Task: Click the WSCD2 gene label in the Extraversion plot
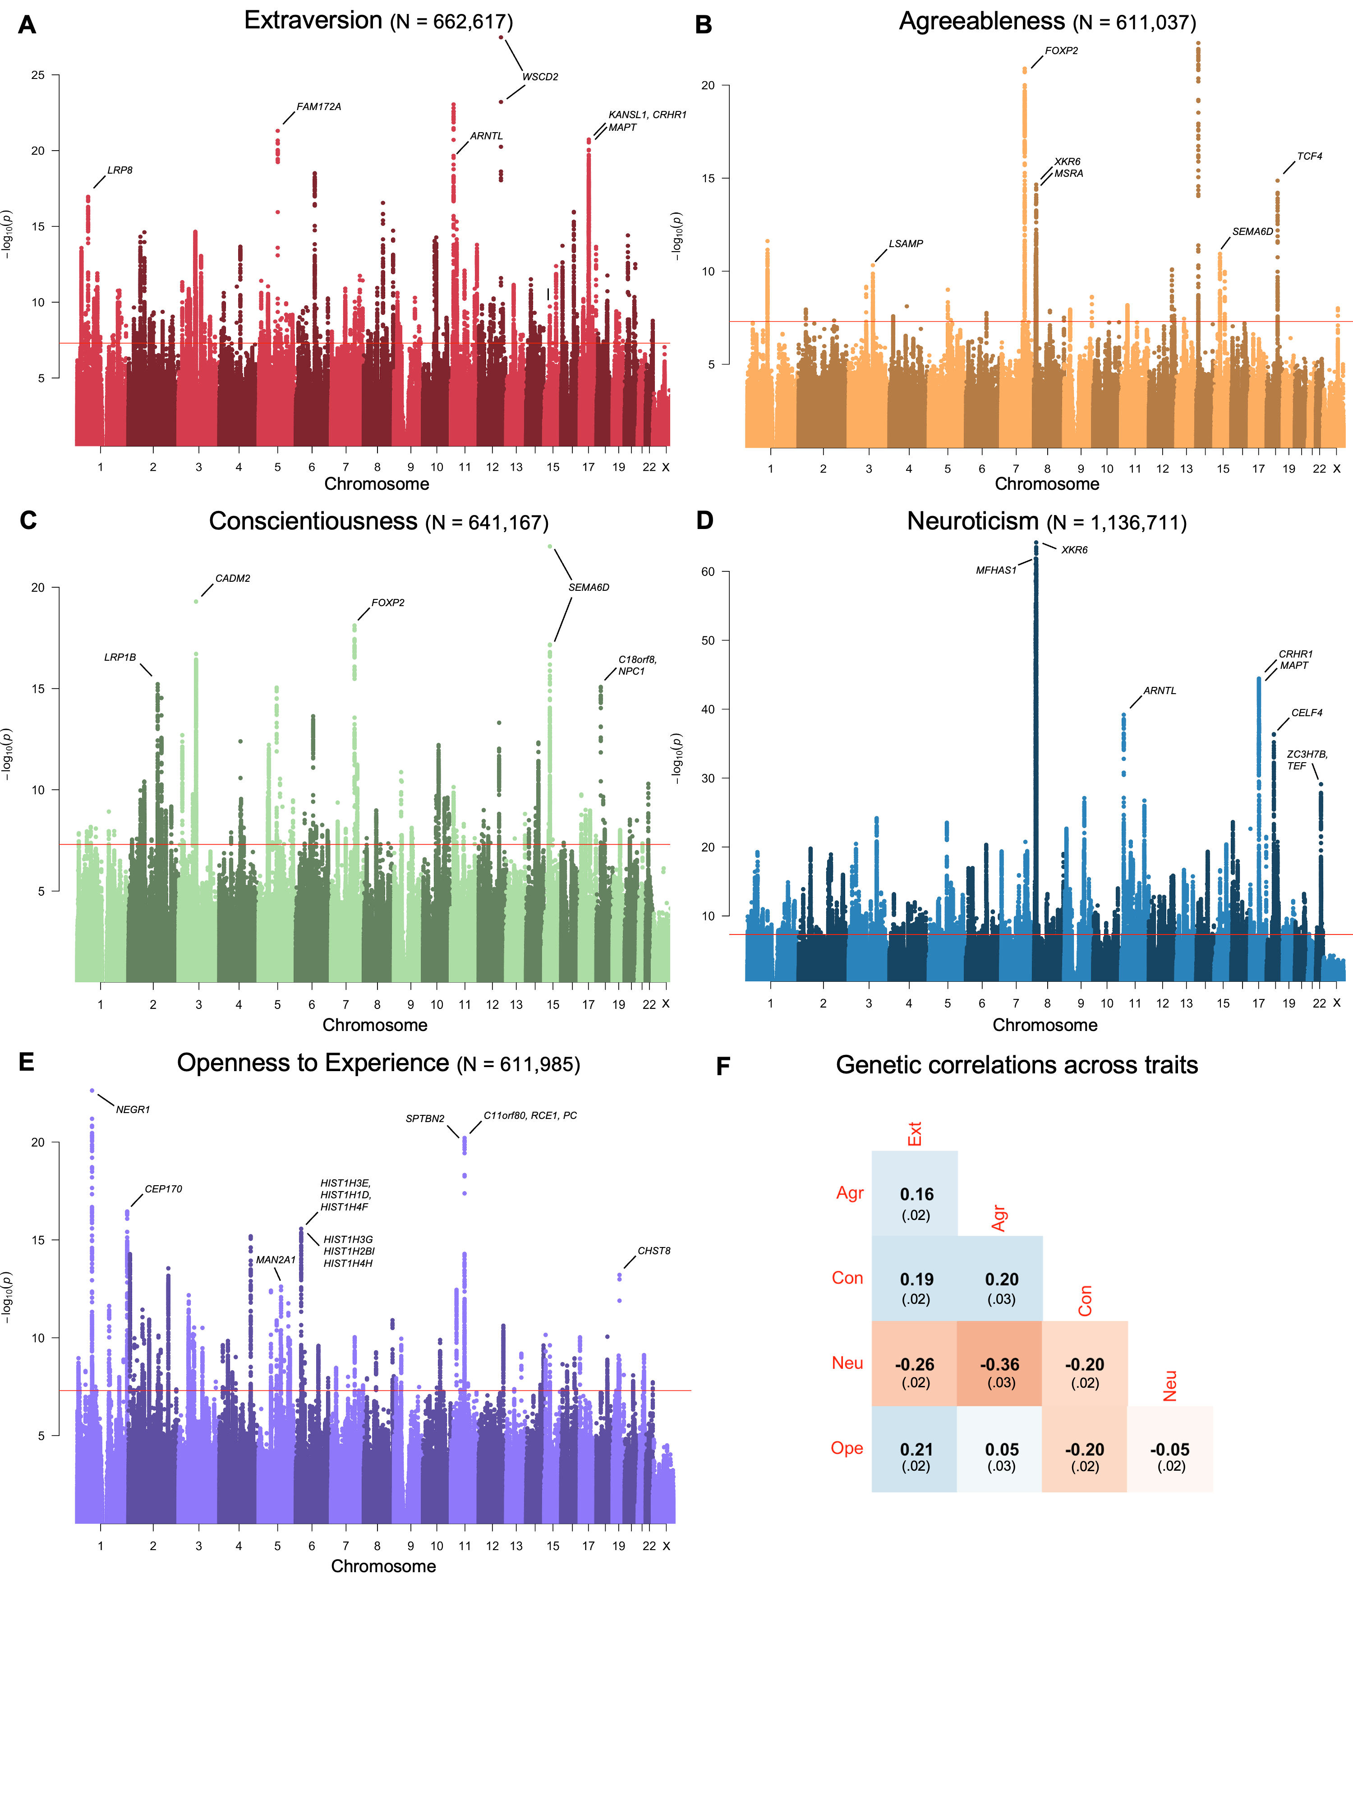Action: (540, 77)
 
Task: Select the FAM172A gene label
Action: (318, 107)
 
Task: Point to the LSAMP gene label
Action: (905, 244)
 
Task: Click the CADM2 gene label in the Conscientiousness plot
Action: (232, 578)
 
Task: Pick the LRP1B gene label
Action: (120, 658)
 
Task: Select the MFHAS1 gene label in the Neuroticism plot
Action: (996, 570)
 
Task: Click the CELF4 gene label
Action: (1307, 713)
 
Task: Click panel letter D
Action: (704, 520)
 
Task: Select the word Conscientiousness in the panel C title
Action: (313, 521)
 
